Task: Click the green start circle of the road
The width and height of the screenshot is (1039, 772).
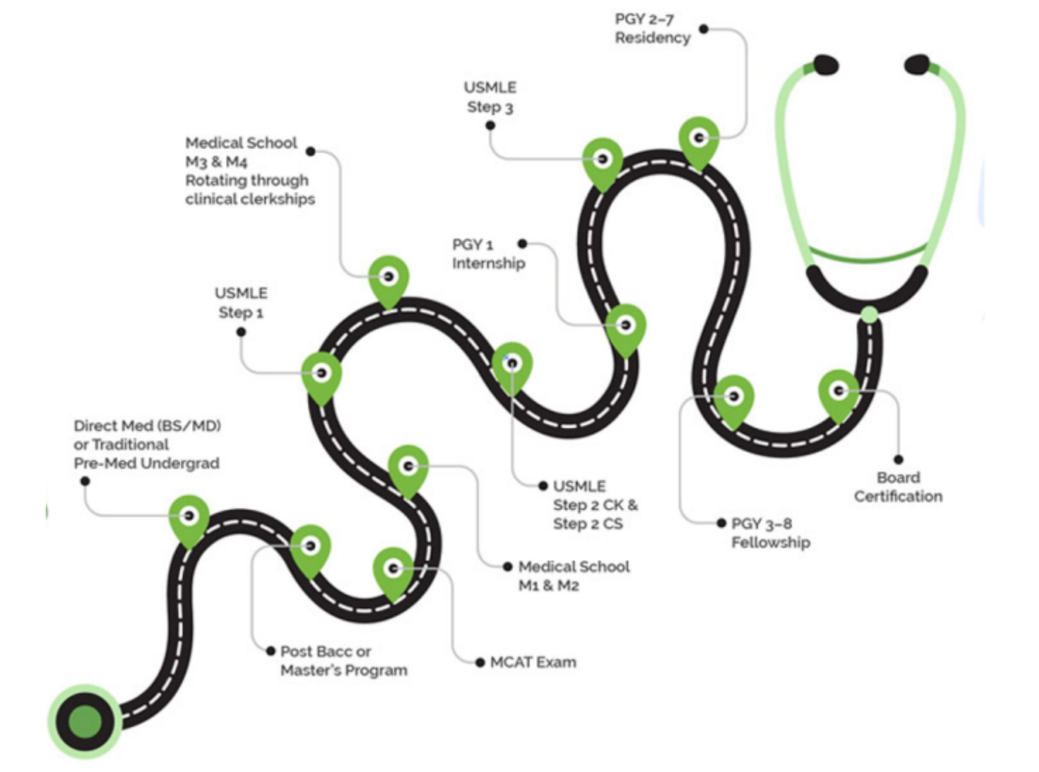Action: pyautogui.click(x=85, y=722)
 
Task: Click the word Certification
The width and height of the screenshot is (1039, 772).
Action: pyautogui.click(x=898, y=496)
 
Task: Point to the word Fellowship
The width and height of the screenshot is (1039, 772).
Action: pyautogui.click(x=770, y=542)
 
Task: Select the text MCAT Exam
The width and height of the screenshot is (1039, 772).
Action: pyautogui.click(x=533, y=663)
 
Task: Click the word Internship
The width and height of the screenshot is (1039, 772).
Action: pyautogui.click(x=488, y=263)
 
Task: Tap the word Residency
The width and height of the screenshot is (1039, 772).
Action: pyautogui.click(x=653, y=38)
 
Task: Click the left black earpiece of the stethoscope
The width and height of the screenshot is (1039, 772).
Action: pyautogui.click(x=825, y=65)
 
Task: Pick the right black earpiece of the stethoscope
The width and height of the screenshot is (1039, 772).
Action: pyautogui.click(x=917, y=65)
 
